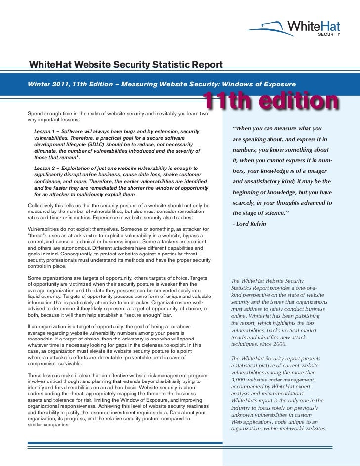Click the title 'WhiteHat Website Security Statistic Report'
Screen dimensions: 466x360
126,64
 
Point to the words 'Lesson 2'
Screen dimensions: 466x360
46,169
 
